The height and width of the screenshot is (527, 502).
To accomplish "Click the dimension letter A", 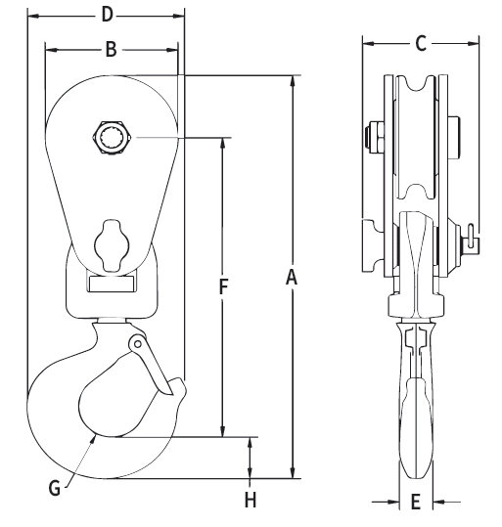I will click(x=291, y=279).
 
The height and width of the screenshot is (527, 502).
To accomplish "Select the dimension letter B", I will click(x=111, y=49).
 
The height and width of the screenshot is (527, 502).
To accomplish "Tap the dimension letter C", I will click(x=421, y=43).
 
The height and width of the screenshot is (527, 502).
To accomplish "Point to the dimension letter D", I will click(x=108, y=14).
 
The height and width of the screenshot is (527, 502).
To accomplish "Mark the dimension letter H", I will click(x=251, y=501).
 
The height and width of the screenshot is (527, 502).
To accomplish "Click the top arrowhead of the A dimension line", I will click(x=292, y=79).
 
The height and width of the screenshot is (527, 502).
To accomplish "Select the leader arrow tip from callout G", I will click(x=95, y=438).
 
